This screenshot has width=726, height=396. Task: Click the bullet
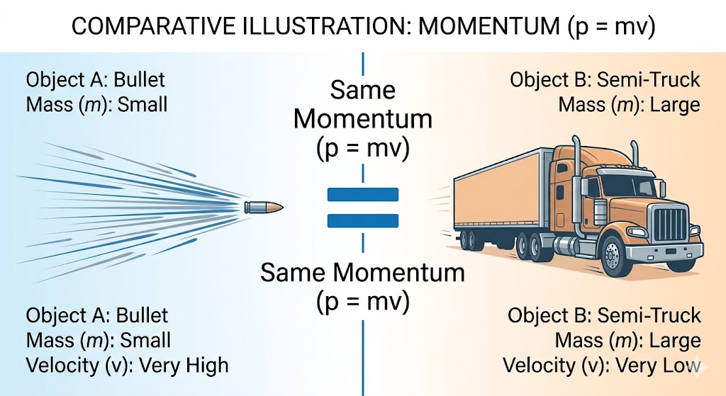click(x=263, y=207)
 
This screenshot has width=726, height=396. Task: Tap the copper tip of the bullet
click(x=277, y=207)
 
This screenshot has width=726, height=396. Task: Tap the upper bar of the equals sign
click(x=363, y=193)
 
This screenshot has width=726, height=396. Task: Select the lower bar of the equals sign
click(x=363, y=220)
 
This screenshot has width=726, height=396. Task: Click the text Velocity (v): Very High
click(x=128, y=366)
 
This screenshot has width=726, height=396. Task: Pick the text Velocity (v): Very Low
click(x=601, y=366)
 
